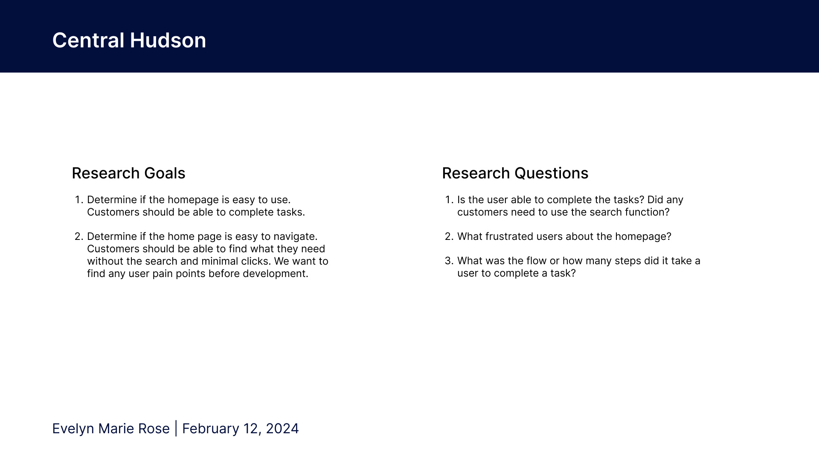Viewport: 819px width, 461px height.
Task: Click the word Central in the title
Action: [x=88, y=41]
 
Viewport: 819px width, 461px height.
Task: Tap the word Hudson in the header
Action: [x=168, y=41]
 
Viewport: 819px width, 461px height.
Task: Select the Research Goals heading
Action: [x=128, y=173]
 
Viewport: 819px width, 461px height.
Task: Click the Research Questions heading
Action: [x=515, y=173]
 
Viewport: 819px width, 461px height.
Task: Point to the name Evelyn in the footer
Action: [x=73, y=429]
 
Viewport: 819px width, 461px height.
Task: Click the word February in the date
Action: [x=210, y=429]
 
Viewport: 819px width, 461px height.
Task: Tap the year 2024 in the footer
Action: [x=282, y=429]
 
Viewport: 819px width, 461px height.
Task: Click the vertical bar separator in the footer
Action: [x=176, y=429]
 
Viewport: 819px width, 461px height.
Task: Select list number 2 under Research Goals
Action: [x=79, y=236]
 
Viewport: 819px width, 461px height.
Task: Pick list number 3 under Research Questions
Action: [x=449, y=261]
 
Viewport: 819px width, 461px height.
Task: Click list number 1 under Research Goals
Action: [x=79, y=200]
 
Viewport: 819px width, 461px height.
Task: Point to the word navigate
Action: [x=295, y=237]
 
